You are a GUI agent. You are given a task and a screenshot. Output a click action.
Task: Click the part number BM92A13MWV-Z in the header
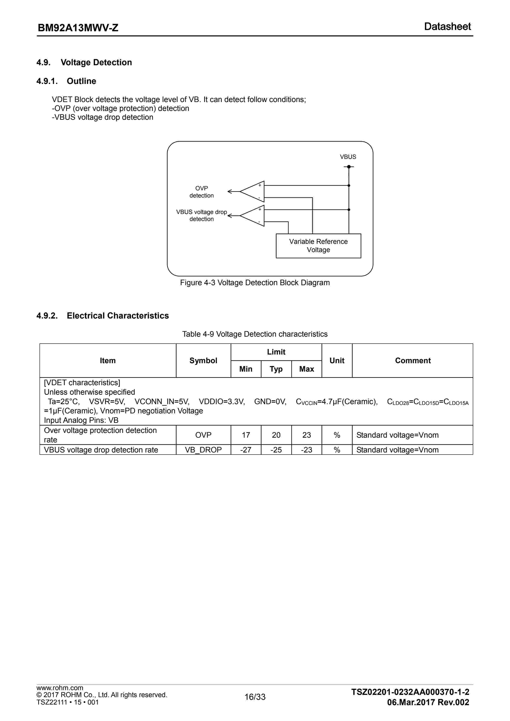click(x=78, y=28)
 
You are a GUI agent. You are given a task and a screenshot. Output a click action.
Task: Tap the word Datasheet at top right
click(x=447, y=27)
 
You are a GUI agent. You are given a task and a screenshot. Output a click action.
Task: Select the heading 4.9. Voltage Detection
click(x=84, y=63)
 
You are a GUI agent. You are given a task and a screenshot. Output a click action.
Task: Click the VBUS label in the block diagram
click(x=348, y=157)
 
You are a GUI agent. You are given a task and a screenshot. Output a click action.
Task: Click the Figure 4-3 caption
click(x=255, y=283)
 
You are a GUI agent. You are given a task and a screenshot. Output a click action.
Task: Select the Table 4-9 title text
click(x=255, y=334)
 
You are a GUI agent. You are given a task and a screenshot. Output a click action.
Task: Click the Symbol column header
click(x=203, y=360)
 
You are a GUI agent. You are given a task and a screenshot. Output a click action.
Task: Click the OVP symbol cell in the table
click(x=203, y=435)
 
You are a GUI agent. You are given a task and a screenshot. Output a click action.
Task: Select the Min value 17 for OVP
click(x=246, y=435)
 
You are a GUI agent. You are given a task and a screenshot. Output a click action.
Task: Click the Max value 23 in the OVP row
click(x=307, y=435)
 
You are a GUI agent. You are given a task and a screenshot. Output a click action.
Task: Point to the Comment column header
click(x=413, y=360)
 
